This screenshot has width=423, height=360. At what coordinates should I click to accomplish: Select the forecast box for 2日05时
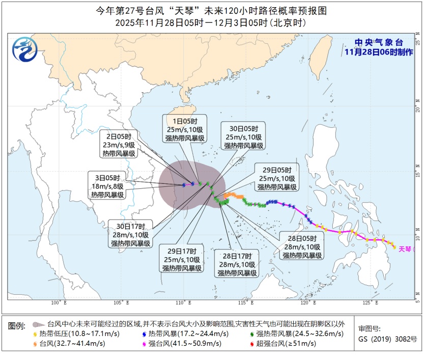click(x=118, y=145)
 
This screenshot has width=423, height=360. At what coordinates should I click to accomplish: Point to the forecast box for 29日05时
click(x=277, y=178)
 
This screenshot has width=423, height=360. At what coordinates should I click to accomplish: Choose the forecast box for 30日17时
click(x=131, y=235)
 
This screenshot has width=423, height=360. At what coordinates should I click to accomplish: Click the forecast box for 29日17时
click(x=182, y=259)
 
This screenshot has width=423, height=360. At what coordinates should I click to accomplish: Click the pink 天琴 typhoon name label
click(x=405, y=249)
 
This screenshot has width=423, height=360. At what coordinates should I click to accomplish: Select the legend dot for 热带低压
click(x=35, y=334)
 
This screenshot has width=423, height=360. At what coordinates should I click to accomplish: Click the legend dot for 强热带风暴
click(x=253, y=334)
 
